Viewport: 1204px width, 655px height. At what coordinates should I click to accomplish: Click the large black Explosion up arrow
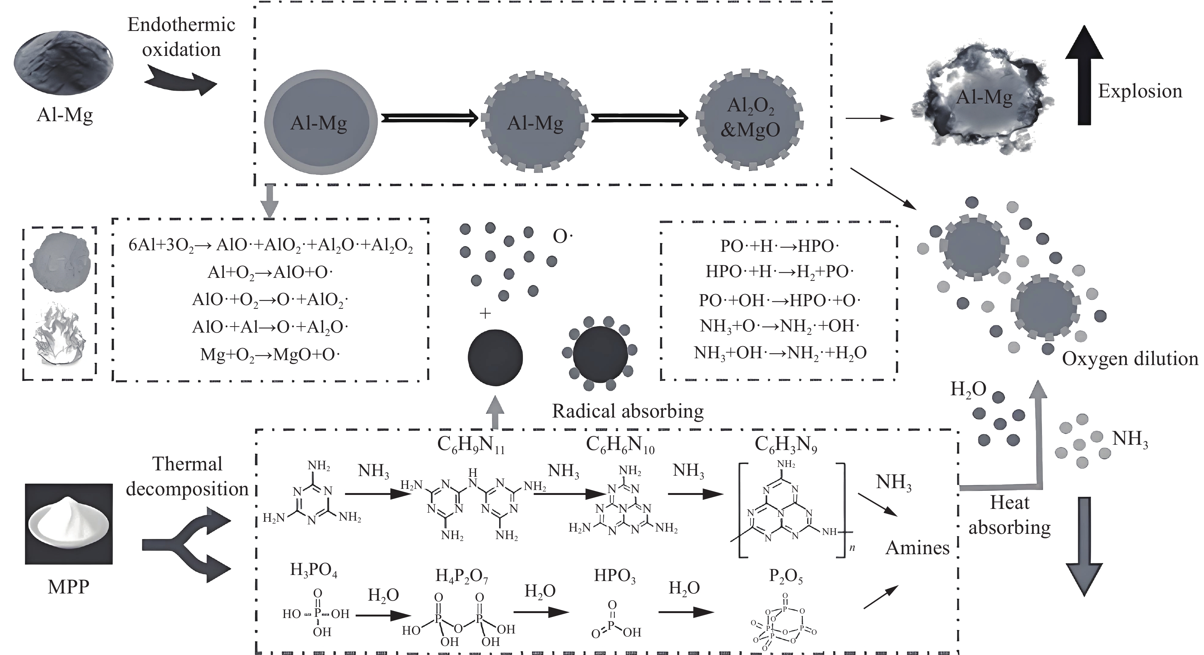point(1084,77)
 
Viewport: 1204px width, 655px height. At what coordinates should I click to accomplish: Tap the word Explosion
point(1139,91)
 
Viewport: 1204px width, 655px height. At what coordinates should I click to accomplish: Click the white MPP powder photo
point(69,524)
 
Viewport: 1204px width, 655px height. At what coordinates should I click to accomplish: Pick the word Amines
point(917,547)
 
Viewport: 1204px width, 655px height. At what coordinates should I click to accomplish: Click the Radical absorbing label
point(628,411)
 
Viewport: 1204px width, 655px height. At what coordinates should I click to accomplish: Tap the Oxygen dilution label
point(1130,359)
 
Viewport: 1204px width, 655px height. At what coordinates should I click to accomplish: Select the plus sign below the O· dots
point(485,313)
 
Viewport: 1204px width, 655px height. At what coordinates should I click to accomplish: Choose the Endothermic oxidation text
point(181,37)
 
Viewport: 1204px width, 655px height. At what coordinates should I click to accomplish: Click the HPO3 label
point(615,576)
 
